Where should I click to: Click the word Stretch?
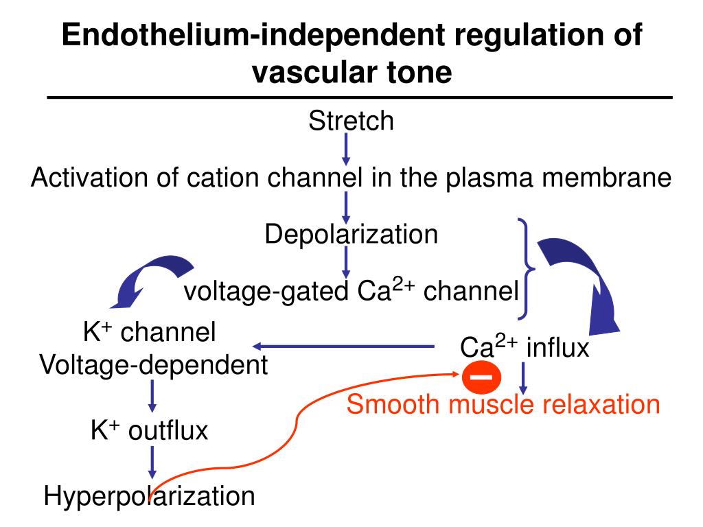(x=351, y=121)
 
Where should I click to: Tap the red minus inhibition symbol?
(x=481, y=377)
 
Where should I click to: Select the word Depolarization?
(x=351, y=234)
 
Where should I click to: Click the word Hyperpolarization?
(x=149, y=496)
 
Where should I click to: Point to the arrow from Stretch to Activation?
(x=346, y=149)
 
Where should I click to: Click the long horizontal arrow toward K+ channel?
(x=343, y=347)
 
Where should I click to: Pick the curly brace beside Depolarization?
(x=526, y=269)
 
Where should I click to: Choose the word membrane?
(x=607, y=178)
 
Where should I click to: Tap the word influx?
(x=557, y=348)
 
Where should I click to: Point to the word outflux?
(x=168, y=431)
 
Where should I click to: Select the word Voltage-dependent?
(x=154, y=365)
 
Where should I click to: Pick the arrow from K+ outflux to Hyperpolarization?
(x=152, y=462)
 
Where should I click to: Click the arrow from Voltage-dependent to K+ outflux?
(x=152, y=396)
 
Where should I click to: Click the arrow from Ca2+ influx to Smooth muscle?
(x=522, y=378)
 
